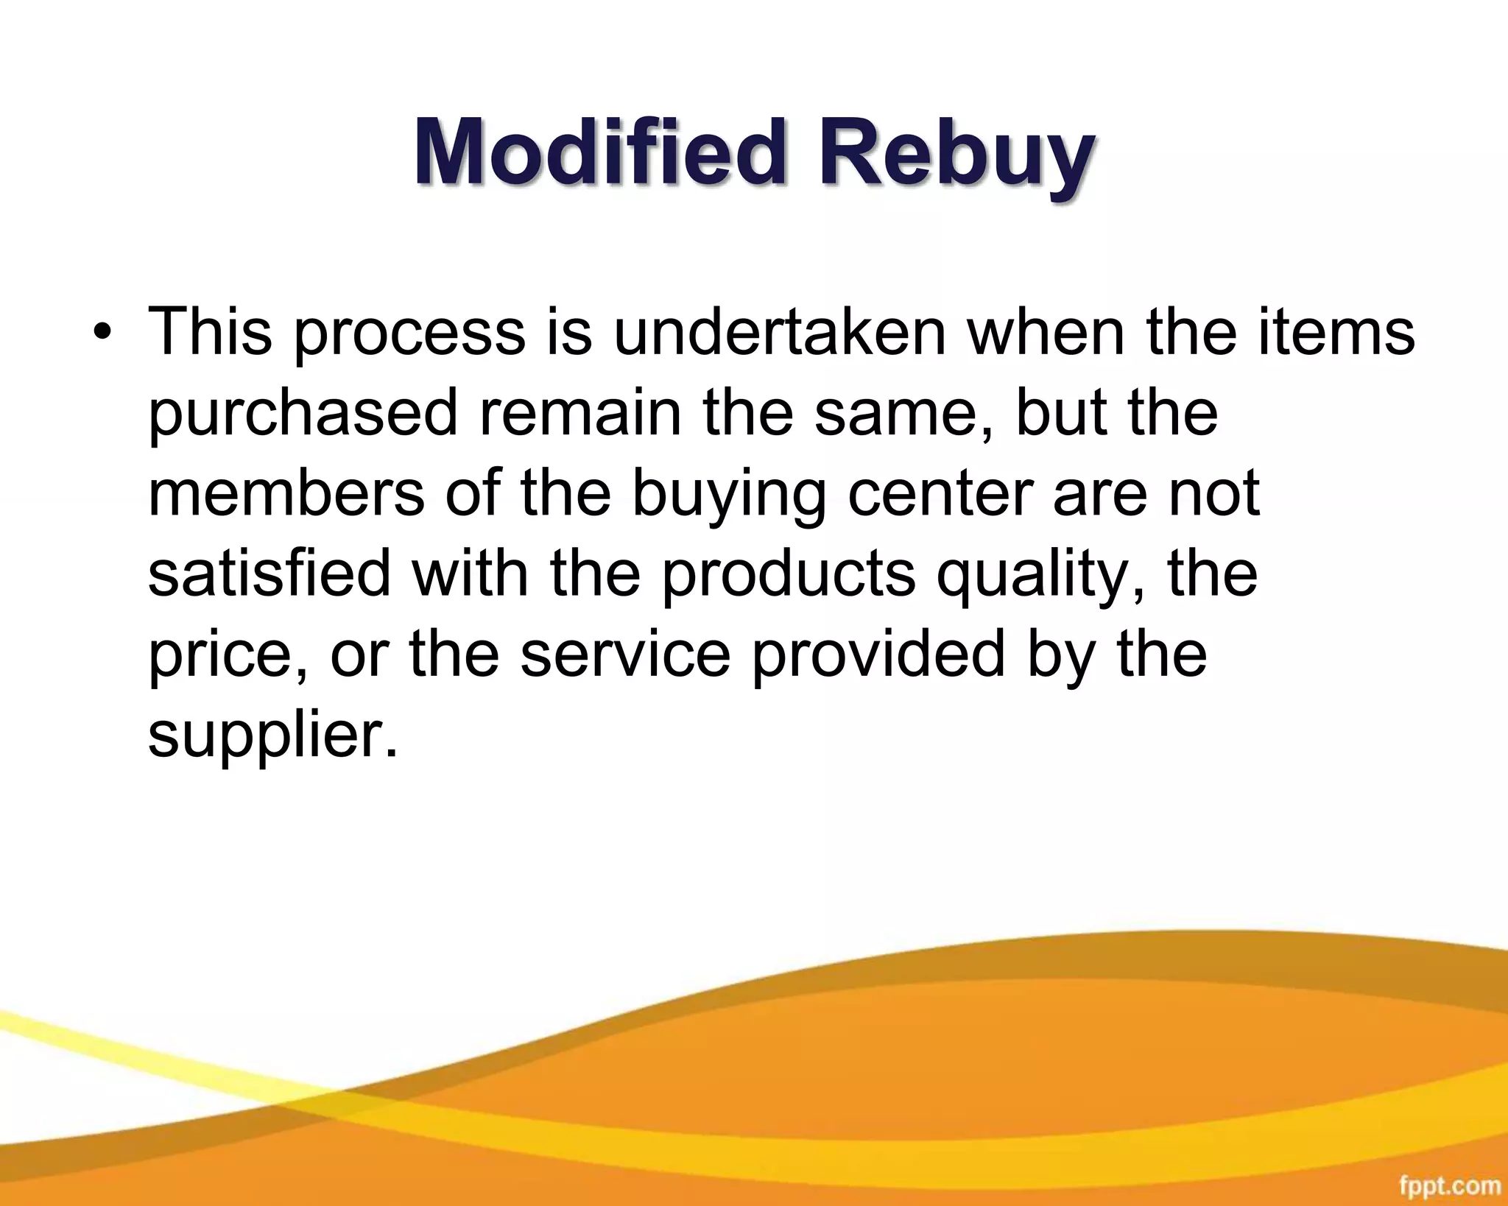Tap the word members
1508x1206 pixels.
pyautogui.click(x=286, y=493)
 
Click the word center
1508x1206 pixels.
pyautogui.click(x=940, y=493)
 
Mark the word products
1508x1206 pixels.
pyautogui.click(x=788, y=575)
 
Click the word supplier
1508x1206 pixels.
pyautogui.click(x=272, y=737)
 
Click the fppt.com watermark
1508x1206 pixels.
pyautogui.click(x=1449, y=1185)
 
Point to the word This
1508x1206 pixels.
pyautogui.click(x=210, y=332)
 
